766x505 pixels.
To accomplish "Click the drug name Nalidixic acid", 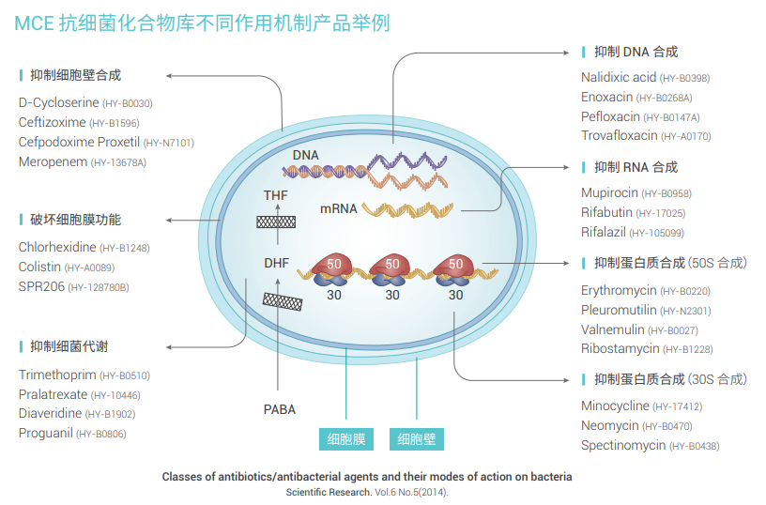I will coord(619,77).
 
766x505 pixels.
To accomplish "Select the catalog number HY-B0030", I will coord(127,103).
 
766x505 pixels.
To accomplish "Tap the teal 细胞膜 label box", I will coord(345,439).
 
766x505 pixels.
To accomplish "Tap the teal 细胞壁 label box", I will coord(417,439).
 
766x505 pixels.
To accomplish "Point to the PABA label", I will coord(280,409).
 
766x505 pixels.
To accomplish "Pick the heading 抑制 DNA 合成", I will coord(635,52).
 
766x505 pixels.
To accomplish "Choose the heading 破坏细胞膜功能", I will coord(75,220).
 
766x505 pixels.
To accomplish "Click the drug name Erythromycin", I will coord(619,291).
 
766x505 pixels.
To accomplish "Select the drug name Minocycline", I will coord(615,406).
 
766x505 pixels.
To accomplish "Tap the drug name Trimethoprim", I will coord(57,375).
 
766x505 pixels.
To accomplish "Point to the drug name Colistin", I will coord(39,267).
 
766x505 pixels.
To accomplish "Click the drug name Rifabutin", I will coord(607,213).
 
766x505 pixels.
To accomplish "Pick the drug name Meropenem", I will coord(53,161).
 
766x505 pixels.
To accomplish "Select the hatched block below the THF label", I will coord(279,222).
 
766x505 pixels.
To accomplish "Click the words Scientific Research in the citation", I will coord(329,492).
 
